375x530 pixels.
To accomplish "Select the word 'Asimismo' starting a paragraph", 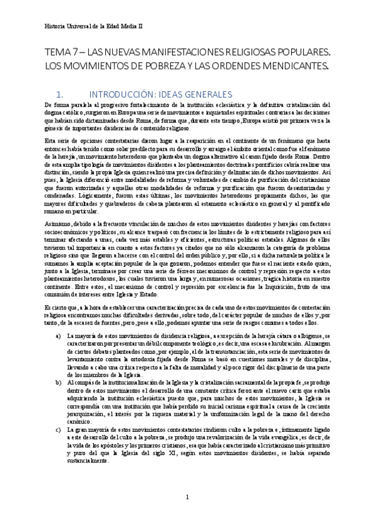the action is click(x=56, y=206).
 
